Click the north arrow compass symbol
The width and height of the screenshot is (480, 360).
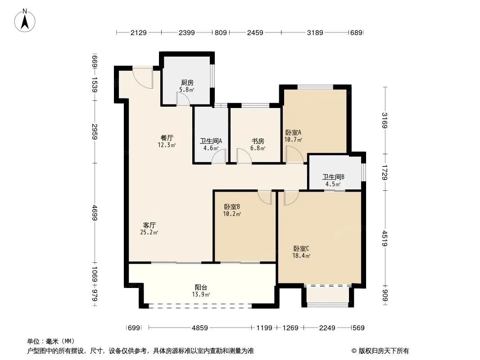(x=25, y=21)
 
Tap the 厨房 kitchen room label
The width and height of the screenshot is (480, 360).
(x=187, y=83)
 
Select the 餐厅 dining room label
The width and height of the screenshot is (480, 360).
(x=167, y=138)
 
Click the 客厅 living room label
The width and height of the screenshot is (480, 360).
(x=149, y=225)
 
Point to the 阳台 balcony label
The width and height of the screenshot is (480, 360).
(x=201, y=288)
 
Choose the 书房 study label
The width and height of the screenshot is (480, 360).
(x=258, y=141)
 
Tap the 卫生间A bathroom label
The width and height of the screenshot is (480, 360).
(x=211, y=141)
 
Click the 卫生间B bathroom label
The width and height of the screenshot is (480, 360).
(x=333, y=177)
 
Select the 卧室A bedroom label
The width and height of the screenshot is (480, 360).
(x=293, y=132)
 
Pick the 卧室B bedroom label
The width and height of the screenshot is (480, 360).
(x=232, y=207)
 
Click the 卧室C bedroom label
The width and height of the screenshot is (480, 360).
(x=301, y=249)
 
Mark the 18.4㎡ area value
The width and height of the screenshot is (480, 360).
(x=301, y=256)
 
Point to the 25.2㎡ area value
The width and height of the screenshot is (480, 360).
(x=149, y=233)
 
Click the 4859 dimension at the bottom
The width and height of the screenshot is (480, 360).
(x=200, y=328)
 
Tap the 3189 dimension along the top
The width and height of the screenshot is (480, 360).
(x=315, y=32)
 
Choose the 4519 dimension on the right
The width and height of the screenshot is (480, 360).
(x=385, y=238)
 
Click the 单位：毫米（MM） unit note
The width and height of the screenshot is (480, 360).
(x=51, y=341)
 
